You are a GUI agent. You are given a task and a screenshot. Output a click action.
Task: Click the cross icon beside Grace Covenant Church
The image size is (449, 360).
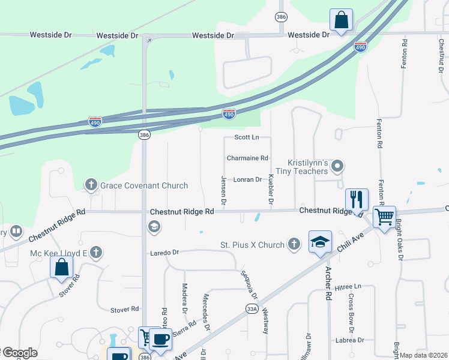click(91, 184)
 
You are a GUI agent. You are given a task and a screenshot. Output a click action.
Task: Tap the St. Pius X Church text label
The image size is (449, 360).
click(252, 245)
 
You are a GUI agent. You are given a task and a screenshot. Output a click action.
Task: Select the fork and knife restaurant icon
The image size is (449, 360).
click(357, 199)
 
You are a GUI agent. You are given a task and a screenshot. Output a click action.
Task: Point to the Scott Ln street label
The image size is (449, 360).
click(246, 137)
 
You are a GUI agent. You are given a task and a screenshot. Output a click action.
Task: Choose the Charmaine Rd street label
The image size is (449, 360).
click(247, 158)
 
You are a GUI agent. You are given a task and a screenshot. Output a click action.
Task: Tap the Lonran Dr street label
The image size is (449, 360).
click(248, 179)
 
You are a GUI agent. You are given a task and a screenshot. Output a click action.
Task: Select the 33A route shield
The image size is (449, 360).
click(252, 308)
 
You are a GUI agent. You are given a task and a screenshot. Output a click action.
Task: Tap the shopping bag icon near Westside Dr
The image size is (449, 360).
click(341, 20)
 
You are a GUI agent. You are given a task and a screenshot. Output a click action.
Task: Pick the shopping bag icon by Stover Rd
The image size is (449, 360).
click(62, 268)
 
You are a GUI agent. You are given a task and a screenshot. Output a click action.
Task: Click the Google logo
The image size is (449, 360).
click(20, 353)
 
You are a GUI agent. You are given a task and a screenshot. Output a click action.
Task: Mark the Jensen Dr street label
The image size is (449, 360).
click(223, 191)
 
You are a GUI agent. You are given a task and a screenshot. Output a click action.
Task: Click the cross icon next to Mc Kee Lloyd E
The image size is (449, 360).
click(96, 253)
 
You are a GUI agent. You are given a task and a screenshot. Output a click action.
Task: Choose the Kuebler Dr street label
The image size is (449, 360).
click(271, 190)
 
